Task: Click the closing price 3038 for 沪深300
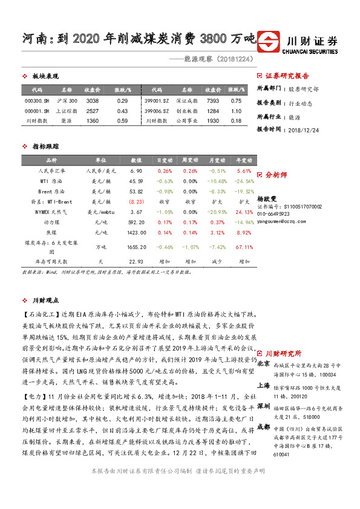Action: [x=93, y=101]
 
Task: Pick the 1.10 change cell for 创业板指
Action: [x=237, y=111]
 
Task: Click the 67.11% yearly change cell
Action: [x=244, y=247]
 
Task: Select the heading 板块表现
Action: [x=45, y=76]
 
